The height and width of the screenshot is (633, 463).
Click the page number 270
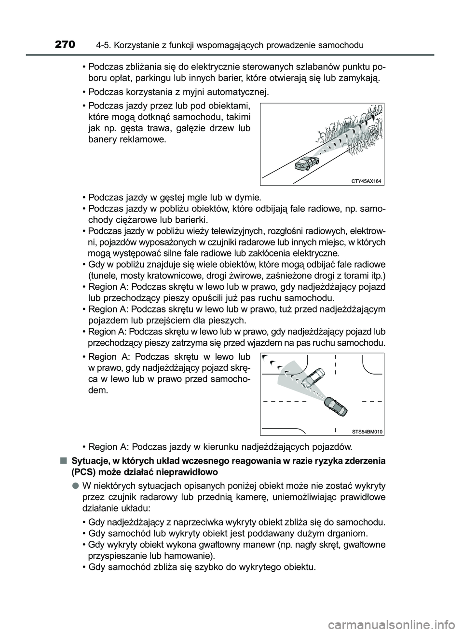coord(65,45)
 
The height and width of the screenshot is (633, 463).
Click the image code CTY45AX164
coord(366,181)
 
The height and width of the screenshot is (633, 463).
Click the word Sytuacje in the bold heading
coord(87,460)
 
